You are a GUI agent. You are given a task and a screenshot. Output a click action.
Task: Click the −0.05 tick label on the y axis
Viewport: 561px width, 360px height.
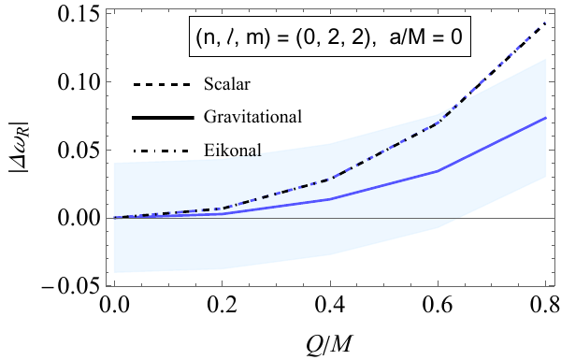pyautogui.click(x=68, y=285)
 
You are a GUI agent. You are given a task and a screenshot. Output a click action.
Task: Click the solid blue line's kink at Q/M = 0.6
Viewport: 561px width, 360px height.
pyautogui.click(x=438, y=171)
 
